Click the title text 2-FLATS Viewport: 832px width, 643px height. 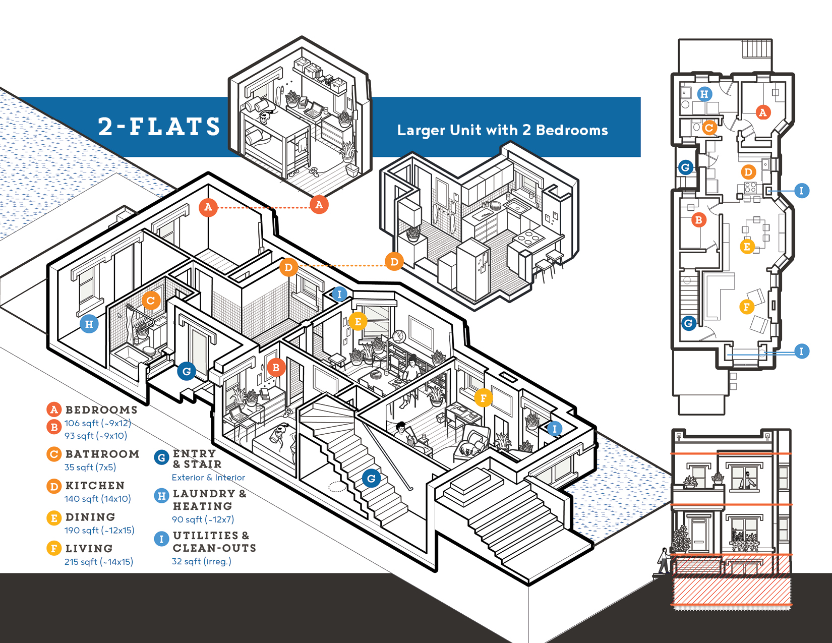[159, 126]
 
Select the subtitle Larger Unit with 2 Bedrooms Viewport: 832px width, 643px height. [502, 130]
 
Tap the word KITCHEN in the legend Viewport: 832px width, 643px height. [95, 485]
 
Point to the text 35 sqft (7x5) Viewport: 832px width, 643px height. [90, 467]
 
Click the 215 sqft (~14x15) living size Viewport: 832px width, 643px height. [99, 561]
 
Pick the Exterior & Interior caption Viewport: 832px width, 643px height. [208, 477]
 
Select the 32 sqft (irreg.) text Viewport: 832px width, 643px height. [202, 561]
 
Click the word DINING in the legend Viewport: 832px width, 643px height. [90, 517]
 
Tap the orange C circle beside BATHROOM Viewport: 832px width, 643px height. [54, 454]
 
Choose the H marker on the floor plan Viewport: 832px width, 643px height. [704, 94]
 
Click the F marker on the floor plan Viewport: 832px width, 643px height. [747, 306]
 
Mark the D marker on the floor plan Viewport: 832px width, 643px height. [748, 172]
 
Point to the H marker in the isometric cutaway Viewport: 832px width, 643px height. [89, 324]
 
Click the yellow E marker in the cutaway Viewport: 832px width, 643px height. [358, 321]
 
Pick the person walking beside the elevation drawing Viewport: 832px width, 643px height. [664, 560]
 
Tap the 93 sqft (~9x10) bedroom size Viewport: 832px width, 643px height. [96, 435]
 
